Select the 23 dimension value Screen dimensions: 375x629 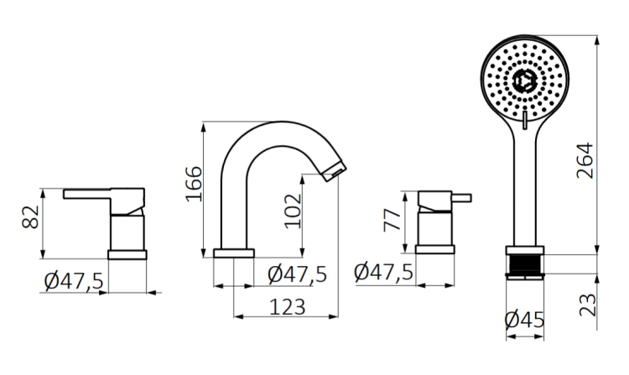pyautogui.click(x=586, y=300)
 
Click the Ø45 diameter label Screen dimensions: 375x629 pyautogui.click(x=525, y=320)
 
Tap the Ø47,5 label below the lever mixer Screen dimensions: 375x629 pyautogui.click(x=74, y=281)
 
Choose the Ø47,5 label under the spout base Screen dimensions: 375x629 pyautogui.click(x=297, y=273)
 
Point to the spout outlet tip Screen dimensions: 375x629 pyautogui.click(x=334, y=172)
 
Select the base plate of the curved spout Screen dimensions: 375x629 pyautogui.click(x=234, y=253)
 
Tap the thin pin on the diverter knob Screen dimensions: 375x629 pyautogui.click(x=464, y=200)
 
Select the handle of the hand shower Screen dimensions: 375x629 pyautogui.click(x=525, y=193)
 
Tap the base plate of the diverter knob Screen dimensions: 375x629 pyautogui.click(x=435, y=248)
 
